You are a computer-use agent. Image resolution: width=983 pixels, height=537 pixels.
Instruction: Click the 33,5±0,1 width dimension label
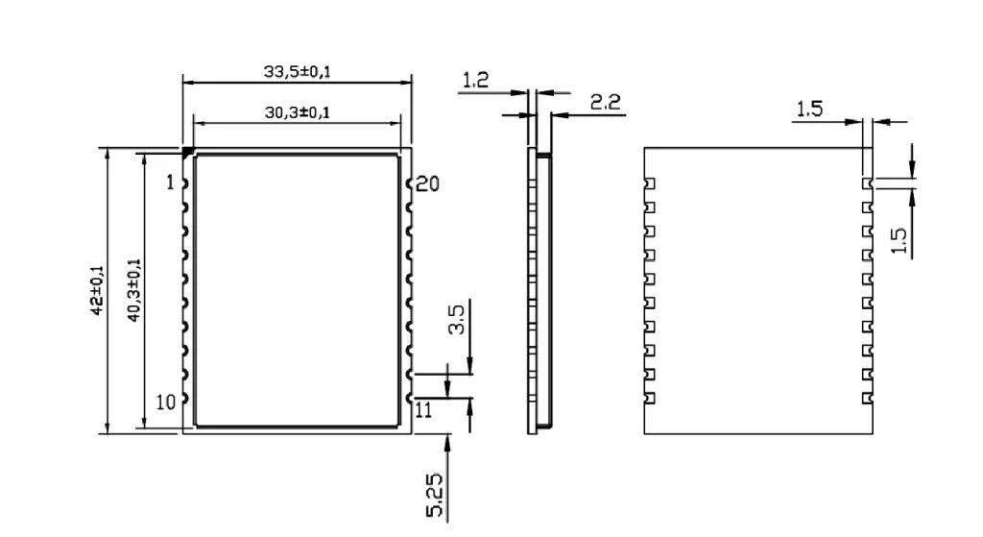click(x=298, y=71)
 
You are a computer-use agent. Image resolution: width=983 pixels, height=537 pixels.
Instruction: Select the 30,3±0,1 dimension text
click(x=298, y=112)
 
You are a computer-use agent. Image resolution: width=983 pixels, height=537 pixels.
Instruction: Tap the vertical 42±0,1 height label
click(x=97, y=290)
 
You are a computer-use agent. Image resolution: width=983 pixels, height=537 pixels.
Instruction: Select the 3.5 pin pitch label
click(x=458, y=319)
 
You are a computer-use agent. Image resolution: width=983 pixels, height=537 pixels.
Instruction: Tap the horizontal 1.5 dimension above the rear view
click(x=809, y=110)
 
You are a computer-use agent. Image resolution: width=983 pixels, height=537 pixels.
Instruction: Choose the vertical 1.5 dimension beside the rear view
click(x=899, y=236)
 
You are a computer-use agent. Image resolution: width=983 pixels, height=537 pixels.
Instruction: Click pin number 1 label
click(x=171, y=183)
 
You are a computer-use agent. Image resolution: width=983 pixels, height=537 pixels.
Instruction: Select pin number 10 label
click(x=166, y=403)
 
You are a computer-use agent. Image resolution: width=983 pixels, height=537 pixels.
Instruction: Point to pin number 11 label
click(x=424, y=410)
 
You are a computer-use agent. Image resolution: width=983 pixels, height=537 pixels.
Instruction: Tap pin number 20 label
click(x=428, y=183)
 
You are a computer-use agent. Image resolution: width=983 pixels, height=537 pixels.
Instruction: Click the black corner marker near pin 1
click(x=188, y=152)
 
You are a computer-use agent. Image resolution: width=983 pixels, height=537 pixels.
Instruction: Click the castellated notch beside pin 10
click(x=184, y=398)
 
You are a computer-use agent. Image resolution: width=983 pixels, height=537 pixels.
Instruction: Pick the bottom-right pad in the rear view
click(x=867, y=397)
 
